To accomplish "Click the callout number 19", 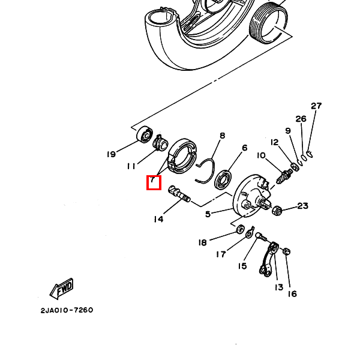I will (111, 154).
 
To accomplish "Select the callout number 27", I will (316, 106).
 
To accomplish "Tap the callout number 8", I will (222, 136).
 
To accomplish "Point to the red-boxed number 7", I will (154, 182).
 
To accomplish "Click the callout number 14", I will (158, 219).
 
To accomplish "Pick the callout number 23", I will (302, 206).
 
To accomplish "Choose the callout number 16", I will (292, 293).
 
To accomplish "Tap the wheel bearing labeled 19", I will (145, 135).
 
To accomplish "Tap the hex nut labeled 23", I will (277, 211).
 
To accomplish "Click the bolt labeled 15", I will (260, 238).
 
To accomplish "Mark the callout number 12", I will (275, 142).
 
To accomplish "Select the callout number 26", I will (301, 119).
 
